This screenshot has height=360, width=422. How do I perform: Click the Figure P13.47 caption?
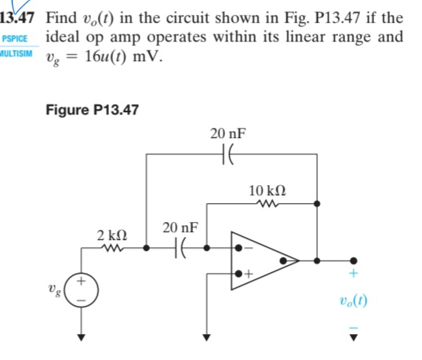[x=92, y=110]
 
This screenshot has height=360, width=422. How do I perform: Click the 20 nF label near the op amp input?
[x=179, y=228]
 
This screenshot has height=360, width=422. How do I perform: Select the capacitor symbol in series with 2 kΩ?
[x=179, y=249]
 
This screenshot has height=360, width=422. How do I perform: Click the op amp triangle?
[x=263, y=259]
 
